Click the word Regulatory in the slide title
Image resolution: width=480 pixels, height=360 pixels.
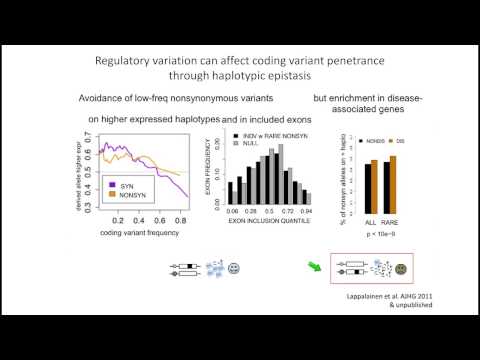pyautogui.click(x=127, y=61)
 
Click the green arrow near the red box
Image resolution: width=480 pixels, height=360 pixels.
pyautogui.click(x=313, y=267)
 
